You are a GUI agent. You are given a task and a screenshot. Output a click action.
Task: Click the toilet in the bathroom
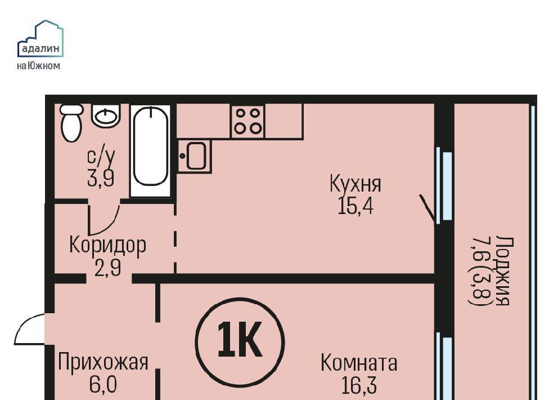[x=71, y=123]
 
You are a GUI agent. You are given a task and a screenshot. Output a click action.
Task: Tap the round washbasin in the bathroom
[x=106, y=115]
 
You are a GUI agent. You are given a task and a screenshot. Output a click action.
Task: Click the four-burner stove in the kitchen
[x=247, y=121]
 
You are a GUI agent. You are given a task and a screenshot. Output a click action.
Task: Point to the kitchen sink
[x=195, y=156]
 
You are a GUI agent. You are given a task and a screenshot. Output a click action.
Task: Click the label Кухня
[x=355, y=184]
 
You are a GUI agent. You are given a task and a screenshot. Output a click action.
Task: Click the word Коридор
[x=108, y=246]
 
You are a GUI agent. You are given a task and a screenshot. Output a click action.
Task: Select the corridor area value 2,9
[x=108, y=268]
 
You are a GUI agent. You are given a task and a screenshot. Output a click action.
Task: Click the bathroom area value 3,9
[x=101, y=179]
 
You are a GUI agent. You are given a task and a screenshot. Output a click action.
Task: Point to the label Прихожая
[x=103, y=362]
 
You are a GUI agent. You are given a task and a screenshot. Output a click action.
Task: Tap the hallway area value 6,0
[x=103, y=384]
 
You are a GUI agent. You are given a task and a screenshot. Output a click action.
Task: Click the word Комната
[x=359, y=363]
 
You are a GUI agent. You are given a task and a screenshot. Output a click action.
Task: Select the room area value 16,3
[x=359, y=385]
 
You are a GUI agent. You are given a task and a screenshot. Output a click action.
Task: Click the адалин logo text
[x=40, y=48]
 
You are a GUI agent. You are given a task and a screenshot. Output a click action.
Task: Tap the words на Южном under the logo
[x=38, y=65]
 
